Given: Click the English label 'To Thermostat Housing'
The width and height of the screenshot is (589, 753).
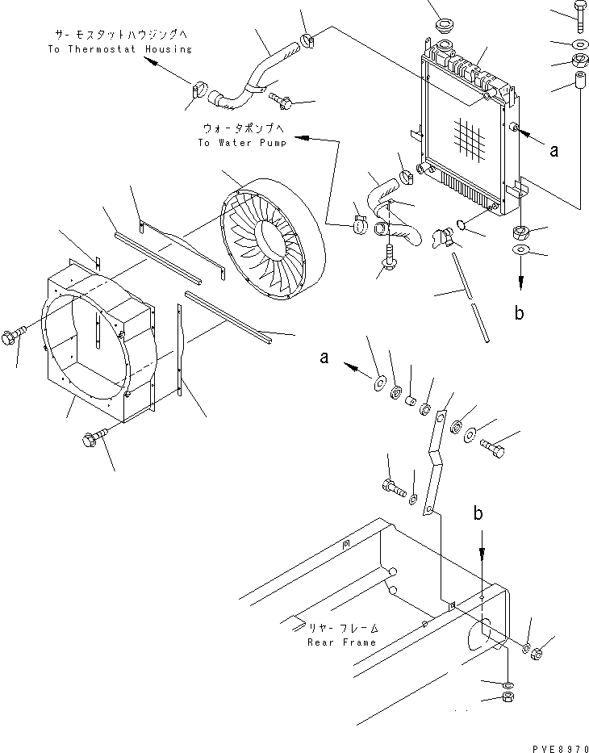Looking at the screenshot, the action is pos(119,49).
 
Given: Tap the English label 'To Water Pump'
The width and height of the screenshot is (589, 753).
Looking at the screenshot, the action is pos(242,143).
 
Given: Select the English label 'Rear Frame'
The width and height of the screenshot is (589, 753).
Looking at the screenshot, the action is pos(342,642).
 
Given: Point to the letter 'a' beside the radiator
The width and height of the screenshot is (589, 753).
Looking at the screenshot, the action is pos(554,151).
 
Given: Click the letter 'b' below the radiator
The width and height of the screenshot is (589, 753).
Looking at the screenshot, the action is pos(519,313).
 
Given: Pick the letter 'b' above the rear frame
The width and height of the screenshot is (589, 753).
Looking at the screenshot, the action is pos(478,514).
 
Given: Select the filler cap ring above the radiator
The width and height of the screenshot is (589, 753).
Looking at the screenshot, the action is pos(446,25).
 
